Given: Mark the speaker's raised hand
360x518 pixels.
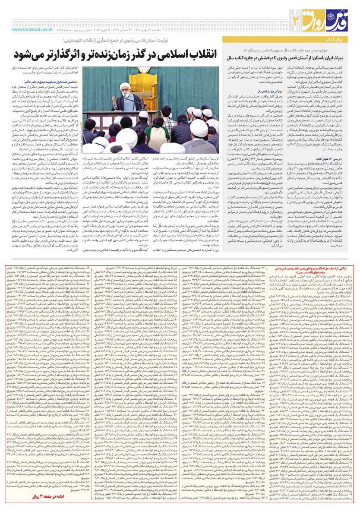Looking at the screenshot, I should point(114,99).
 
